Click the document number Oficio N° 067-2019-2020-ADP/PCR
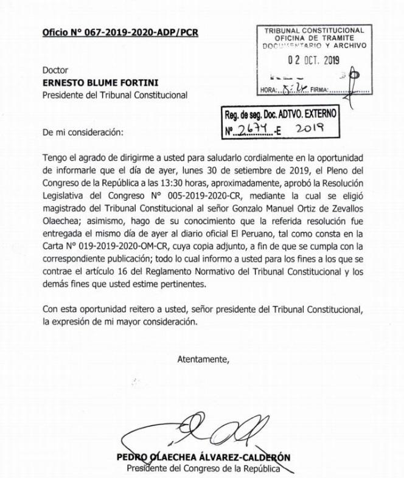click(120, 32)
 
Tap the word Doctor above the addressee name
click(56, 70)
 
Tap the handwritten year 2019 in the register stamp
click(310, 128)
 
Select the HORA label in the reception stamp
click(268, 91)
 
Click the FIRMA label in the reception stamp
click(319, 91)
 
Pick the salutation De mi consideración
click(82, 131)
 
